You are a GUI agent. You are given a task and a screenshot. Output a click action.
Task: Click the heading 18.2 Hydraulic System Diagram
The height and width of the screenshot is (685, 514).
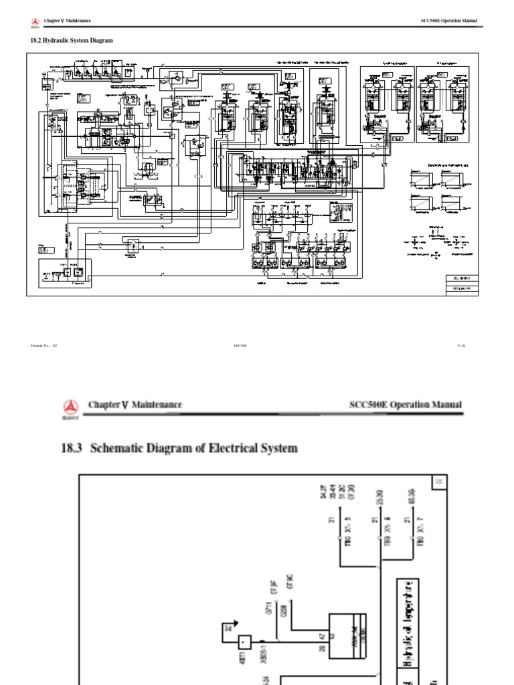click(x=69, y=41)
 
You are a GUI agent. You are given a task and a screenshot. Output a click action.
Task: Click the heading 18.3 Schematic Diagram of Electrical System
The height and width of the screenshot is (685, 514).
click(x=179, y=448)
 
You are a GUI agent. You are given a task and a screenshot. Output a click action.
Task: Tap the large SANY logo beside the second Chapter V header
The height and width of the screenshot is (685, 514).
click(x=70, y=407)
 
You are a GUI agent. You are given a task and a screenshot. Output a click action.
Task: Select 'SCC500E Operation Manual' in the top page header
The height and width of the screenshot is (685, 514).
click(x=448, y=21)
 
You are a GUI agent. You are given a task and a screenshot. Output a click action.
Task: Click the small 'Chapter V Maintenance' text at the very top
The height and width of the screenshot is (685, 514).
click(x=67, y=21)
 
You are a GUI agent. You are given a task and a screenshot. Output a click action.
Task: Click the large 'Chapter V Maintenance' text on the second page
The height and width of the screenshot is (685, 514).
click(x=135, y=405)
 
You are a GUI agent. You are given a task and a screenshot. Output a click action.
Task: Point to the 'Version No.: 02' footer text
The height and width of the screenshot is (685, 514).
click(x=44, y=346)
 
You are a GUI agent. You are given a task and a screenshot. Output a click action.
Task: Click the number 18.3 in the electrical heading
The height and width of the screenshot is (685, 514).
click(x=71, y=448)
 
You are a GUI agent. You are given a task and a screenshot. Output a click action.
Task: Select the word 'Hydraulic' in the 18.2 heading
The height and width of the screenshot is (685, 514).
click(x=56, y=41)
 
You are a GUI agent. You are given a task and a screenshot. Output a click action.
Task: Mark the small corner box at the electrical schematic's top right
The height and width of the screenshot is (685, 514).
click(x=439, y=481)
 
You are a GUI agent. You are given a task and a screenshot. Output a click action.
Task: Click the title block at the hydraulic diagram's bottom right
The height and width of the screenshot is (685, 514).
click(x=462, y=283)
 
